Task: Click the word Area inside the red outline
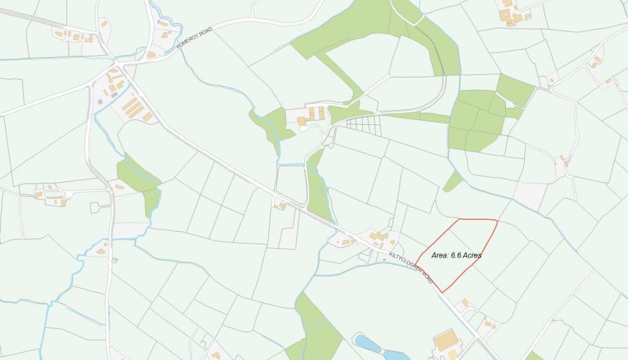click(440, 255)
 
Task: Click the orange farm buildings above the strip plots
click(311, 115)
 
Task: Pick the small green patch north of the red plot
click(453, 181)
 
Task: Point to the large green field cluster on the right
click(478, 119)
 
